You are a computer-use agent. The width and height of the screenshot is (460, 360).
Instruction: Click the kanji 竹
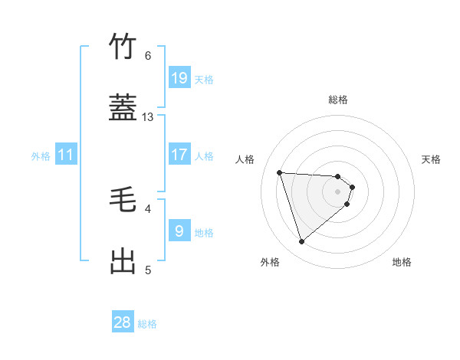point(123,47)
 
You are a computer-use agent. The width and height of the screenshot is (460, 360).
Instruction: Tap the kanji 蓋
point(123,109)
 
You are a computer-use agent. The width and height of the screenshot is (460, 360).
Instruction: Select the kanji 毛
point(123,201)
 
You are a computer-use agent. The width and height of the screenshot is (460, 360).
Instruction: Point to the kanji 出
point(123,261)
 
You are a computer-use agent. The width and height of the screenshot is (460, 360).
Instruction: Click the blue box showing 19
point(179,78)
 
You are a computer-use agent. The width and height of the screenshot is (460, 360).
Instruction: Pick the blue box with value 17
point(179,155)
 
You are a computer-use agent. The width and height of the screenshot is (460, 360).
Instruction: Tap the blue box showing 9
point(179,231)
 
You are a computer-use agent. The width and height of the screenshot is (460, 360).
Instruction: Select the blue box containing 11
point(66,155)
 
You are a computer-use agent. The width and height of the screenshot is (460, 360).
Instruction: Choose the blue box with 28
point(123,322)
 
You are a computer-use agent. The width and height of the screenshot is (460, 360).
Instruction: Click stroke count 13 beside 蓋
point(148,117)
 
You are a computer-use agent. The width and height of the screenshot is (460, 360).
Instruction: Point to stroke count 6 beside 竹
point(148,56)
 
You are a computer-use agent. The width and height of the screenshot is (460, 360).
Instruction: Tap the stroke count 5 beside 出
point(148,270)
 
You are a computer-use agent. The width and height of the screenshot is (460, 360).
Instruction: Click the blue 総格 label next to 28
point(147,324)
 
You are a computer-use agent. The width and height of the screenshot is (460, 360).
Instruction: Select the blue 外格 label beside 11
point(41,156)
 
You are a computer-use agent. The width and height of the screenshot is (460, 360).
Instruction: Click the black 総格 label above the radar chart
point(338,100)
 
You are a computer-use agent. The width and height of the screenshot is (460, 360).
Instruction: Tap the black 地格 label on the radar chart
point(402,262)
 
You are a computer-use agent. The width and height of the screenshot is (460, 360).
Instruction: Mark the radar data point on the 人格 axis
point(280,172)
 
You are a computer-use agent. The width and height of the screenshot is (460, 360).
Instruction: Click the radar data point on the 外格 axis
point(302,242)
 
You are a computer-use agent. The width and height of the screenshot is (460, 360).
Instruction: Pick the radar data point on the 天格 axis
point(352,187)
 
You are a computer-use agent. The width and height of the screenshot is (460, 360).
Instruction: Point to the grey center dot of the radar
point(338,201)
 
